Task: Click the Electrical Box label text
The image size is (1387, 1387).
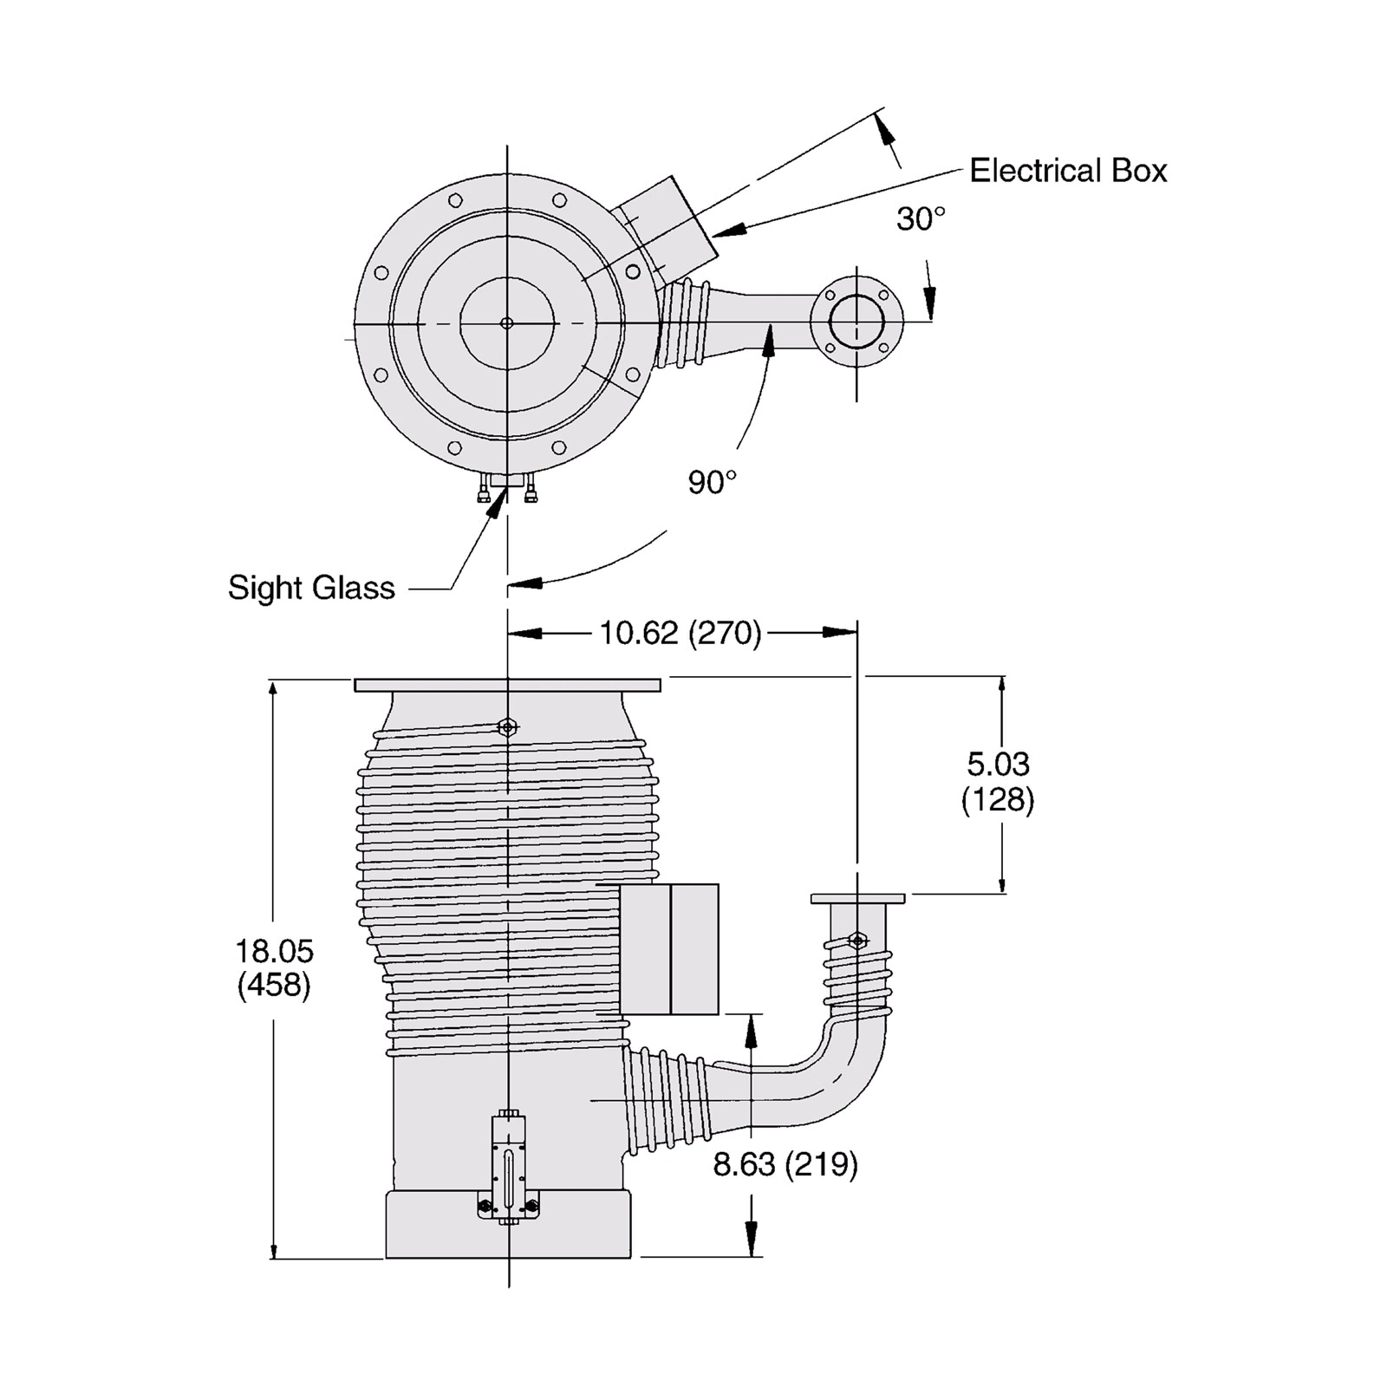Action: (x=1068, y=171)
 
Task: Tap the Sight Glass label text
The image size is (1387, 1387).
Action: (x=311, y=588)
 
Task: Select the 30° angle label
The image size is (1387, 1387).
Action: (x=921, y=219)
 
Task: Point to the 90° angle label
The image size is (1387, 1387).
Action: (x=713, y=482)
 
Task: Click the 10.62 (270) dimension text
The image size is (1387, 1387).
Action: (x=680, y=633)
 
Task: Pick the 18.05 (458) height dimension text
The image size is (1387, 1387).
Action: (x=274, y=967)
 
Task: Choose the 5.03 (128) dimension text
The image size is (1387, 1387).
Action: (x=998, y=781)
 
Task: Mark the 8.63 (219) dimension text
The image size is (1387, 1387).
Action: (x=785, y=1163)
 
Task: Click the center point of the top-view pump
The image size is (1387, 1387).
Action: (x=507, y=323)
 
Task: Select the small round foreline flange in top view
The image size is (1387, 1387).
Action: (x=856, y=322)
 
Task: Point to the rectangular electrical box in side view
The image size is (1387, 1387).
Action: (x=669, y=948)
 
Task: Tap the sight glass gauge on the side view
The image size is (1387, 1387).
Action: (x=508, y=1169)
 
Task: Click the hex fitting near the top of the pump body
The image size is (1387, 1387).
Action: (x=508, y=726)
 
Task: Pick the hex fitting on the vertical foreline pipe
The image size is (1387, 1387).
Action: (x=857, y=941)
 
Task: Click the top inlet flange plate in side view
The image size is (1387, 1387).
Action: (x=507, y=685)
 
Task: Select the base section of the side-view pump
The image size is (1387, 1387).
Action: (x=507, y=1224)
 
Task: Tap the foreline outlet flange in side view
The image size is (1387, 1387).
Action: (x=857, y=899)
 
